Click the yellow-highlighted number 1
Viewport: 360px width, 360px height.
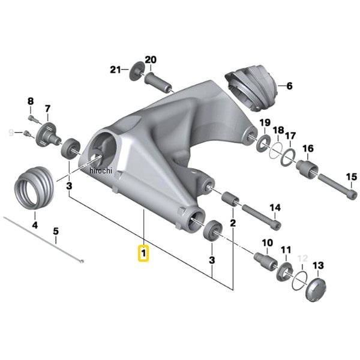pyautogui.click(x=143, y=254)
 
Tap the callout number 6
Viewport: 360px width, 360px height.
pyautogui.click(x=290, y=86)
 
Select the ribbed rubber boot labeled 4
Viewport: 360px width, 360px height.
pyautogui.click(x=34, y=188)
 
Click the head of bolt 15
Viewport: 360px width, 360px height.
pyautogui.click(x=353, y=194)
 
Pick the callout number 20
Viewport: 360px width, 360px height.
pyautogui.click(x=151, y=59)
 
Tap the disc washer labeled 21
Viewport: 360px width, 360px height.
pyautogui.click(x=136, y=71)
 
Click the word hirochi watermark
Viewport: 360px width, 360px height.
pyautogui.click(x=101, y=171)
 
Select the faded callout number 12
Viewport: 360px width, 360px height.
pyautogui.click(x=302, y=259)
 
